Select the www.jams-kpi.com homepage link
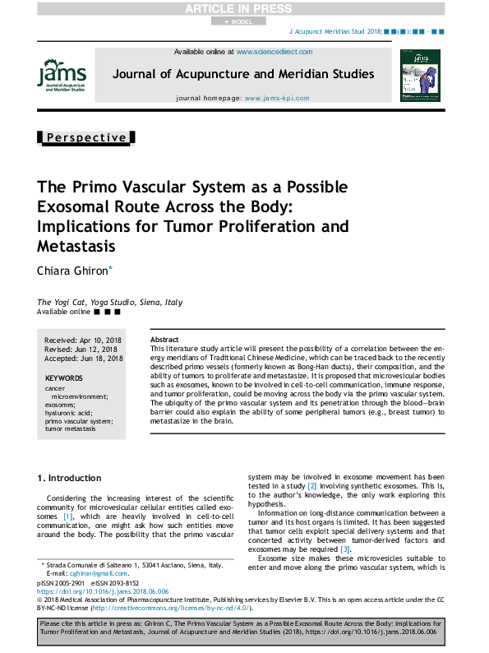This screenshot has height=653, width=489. click(x=276, y=98)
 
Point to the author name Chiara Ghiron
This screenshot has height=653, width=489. click(x=73, y=271)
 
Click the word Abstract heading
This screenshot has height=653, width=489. click(x=164, y=340)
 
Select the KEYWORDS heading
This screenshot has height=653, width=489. click(x=64, y=378)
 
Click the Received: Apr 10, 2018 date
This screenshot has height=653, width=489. click(x=83, y=340)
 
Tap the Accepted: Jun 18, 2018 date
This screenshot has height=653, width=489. click(x=83, y=358)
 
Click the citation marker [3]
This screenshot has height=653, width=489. click(x=345, y=549)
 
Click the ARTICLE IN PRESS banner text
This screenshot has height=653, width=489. click(x=244, y=9)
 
